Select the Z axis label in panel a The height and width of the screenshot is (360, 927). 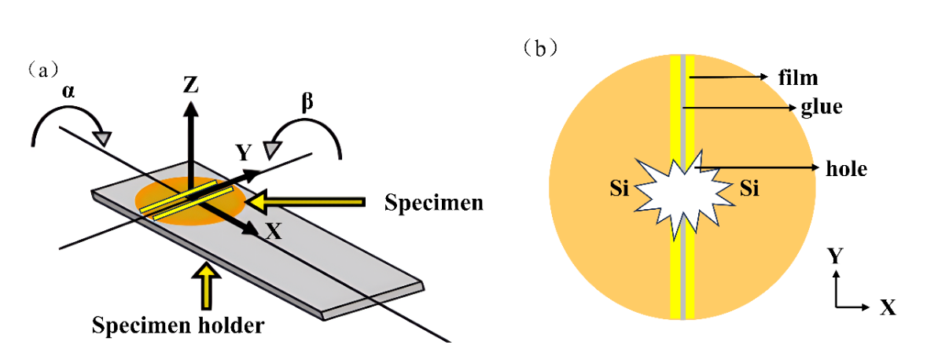[190, 84]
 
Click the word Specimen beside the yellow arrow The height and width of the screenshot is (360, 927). [433, 202]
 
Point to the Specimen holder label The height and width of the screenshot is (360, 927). [177, 324]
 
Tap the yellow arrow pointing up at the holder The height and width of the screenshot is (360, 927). [208, 285]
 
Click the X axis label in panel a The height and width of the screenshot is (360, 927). [274, 230]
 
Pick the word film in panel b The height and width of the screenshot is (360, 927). [798, 77]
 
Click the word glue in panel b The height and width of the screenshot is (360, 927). [820, 108]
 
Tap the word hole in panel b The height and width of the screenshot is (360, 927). [847, 168]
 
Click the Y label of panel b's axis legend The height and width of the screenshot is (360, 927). [837, 257]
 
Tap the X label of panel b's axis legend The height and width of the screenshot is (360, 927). [888, 307]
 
